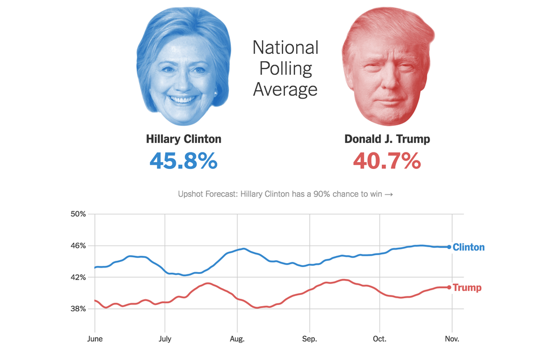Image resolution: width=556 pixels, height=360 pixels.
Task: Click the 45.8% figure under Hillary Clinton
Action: (x=183, y=161)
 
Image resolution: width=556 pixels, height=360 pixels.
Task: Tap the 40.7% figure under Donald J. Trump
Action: (x=387, y=161)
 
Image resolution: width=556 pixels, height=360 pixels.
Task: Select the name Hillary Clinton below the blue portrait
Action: (x=183, y=139)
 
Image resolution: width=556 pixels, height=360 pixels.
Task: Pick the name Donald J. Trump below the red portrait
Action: (x=387, y=139)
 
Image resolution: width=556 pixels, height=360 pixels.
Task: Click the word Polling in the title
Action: (x=285, y=68)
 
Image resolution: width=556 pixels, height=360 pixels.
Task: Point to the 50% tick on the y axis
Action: (x=78, y=214)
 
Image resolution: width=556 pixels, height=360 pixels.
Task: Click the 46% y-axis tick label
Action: (x=78, y=245)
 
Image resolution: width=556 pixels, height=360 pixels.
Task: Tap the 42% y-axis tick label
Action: (x=78, y=277)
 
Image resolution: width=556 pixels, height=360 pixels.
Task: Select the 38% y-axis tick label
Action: (x=78, y=309)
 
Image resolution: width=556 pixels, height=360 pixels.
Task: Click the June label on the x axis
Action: (x=95, y=339)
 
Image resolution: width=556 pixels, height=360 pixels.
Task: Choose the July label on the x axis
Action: (x=165, y=339)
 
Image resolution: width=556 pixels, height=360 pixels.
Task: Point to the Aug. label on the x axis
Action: (x=237, y=339)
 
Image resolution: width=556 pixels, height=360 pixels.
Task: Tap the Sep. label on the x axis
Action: (x=309, y=339)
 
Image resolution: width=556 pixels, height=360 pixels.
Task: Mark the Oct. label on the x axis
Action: (x=379, y=339)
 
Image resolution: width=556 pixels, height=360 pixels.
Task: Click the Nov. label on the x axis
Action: (x=452, y=339)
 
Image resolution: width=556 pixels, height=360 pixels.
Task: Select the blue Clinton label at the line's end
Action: (x=469, y=247)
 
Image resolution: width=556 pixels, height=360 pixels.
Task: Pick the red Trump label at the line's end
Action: (x=467, y=287)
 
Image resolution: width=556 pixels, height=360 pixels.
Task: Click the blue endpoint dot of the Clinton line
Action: (x=449, y=247)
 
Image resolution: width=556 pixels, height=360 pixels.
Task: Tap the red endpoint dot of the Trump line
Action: (x=449, y=287)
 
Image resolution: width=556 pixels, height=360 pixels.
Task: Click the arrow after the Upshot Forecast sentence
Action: (x=389, y=194)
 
